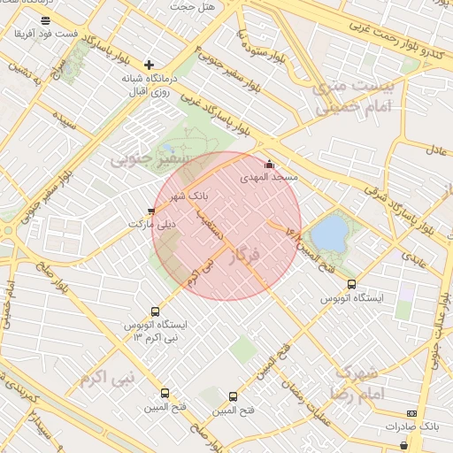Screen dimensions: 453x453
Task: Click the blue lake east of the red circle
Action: (330, 233)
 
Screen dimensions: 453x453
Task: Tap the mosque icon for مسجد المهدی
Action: (270, 165)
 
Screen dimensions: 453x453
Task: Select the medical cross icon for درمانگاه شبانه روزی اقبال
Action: (149, 65)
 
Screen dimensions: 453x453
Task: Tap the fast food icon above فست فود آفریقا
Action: (46, 20)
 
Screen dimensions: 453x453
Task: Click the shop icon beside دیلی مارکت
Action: (151, 211)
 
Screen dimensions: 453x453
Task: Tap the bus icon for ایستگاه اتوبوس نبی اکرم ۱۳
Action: (156, 311)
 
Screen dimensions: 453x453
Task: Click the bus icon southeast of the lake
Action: (352, 285)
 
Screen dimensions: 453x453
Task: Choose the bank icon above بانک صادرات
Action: (411, 413)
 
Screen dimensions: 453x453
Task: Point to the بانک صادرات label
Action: (411, 426)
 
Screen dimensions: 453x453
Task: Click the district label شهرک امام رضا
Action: (357, 381)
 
